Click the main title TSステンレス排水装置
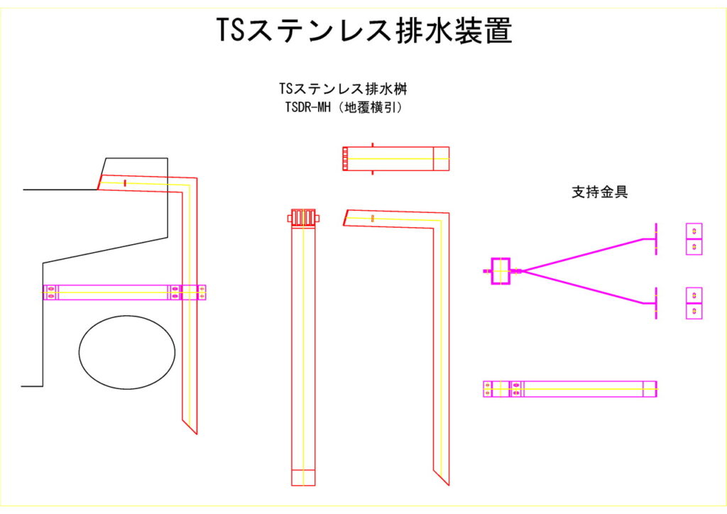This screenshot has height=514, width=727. point(364,31)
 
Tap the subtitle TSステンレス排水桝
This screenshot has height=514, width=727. point(343,89)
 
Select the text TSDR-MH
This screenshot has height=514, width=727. point(308,107)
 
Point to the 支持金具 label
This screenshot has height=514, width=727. point(600,192)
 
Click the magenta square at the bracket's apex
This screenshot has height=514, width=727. point(501,271)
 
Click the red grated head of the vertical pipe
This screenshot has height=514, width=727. point(303,217)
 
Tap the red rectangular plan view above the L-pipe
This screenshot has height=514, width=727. point(396,159)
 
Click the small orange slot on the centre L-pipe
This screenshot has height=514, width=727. point(373,218)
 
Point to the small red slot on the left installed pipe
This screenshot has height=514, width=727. point(125,183)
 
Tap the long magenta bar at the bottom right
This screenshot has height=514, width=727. point(570,389)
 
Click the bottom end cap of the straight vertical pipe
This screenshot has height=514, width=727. point(303,477)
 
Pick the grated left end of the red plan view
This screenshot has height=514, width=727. point(345,159)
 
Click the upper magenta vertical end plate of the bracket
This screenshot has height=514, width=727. point(656,239)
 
